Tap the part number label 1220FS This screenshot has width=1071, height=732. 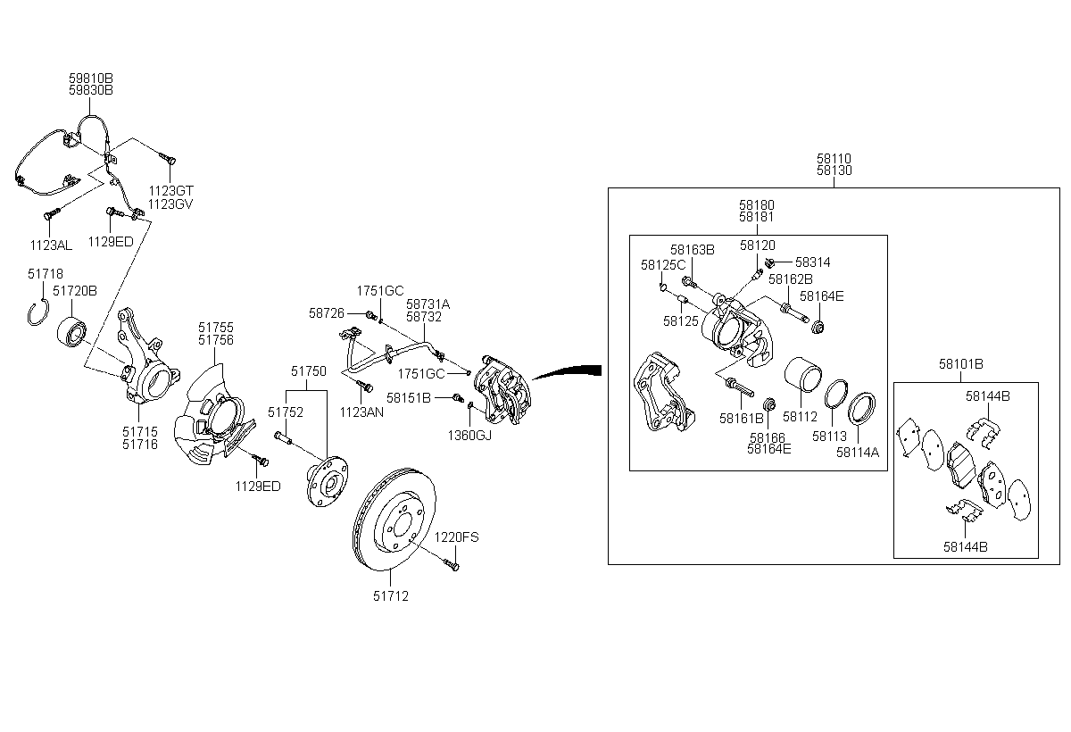pos(456,537)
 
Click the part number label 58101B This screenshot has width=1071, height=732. pos(960,364)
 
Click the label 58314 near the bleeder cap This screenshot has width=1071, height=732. pos(812,262)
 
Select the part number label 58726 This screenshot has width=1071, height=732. pos(326,313)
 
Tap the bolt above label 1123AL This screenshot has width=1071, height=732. pos(51,214)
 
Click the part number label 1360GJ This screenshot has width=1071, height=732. pos(469,435)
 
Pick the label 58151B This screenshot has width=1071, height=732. pos(409,396)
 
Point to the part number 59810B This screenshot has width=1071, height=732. pos(91,79)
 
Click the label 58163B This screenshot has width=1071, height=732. pos(693,250)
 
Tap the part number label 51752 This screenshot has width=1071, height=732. pos(286,412)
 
